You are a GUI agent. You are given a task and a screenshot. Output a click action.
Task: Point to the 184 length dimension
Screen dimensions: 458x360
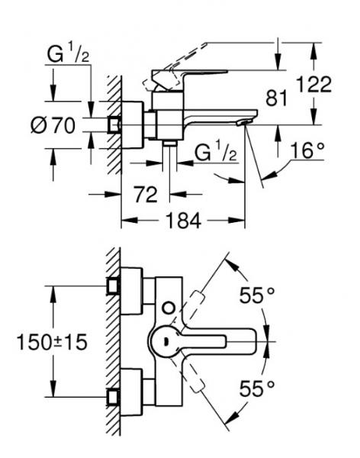pyautogui.click(x=183, y=221)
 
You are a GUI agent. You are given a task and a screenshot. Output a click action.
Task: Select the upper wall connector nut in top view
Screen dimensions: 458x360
pyautogui.click(x=114, y=285)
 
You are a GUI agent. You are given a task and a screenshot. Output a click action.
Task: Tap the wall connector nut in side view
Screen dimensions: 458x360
pyautogui.click(x=114, y=124)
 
